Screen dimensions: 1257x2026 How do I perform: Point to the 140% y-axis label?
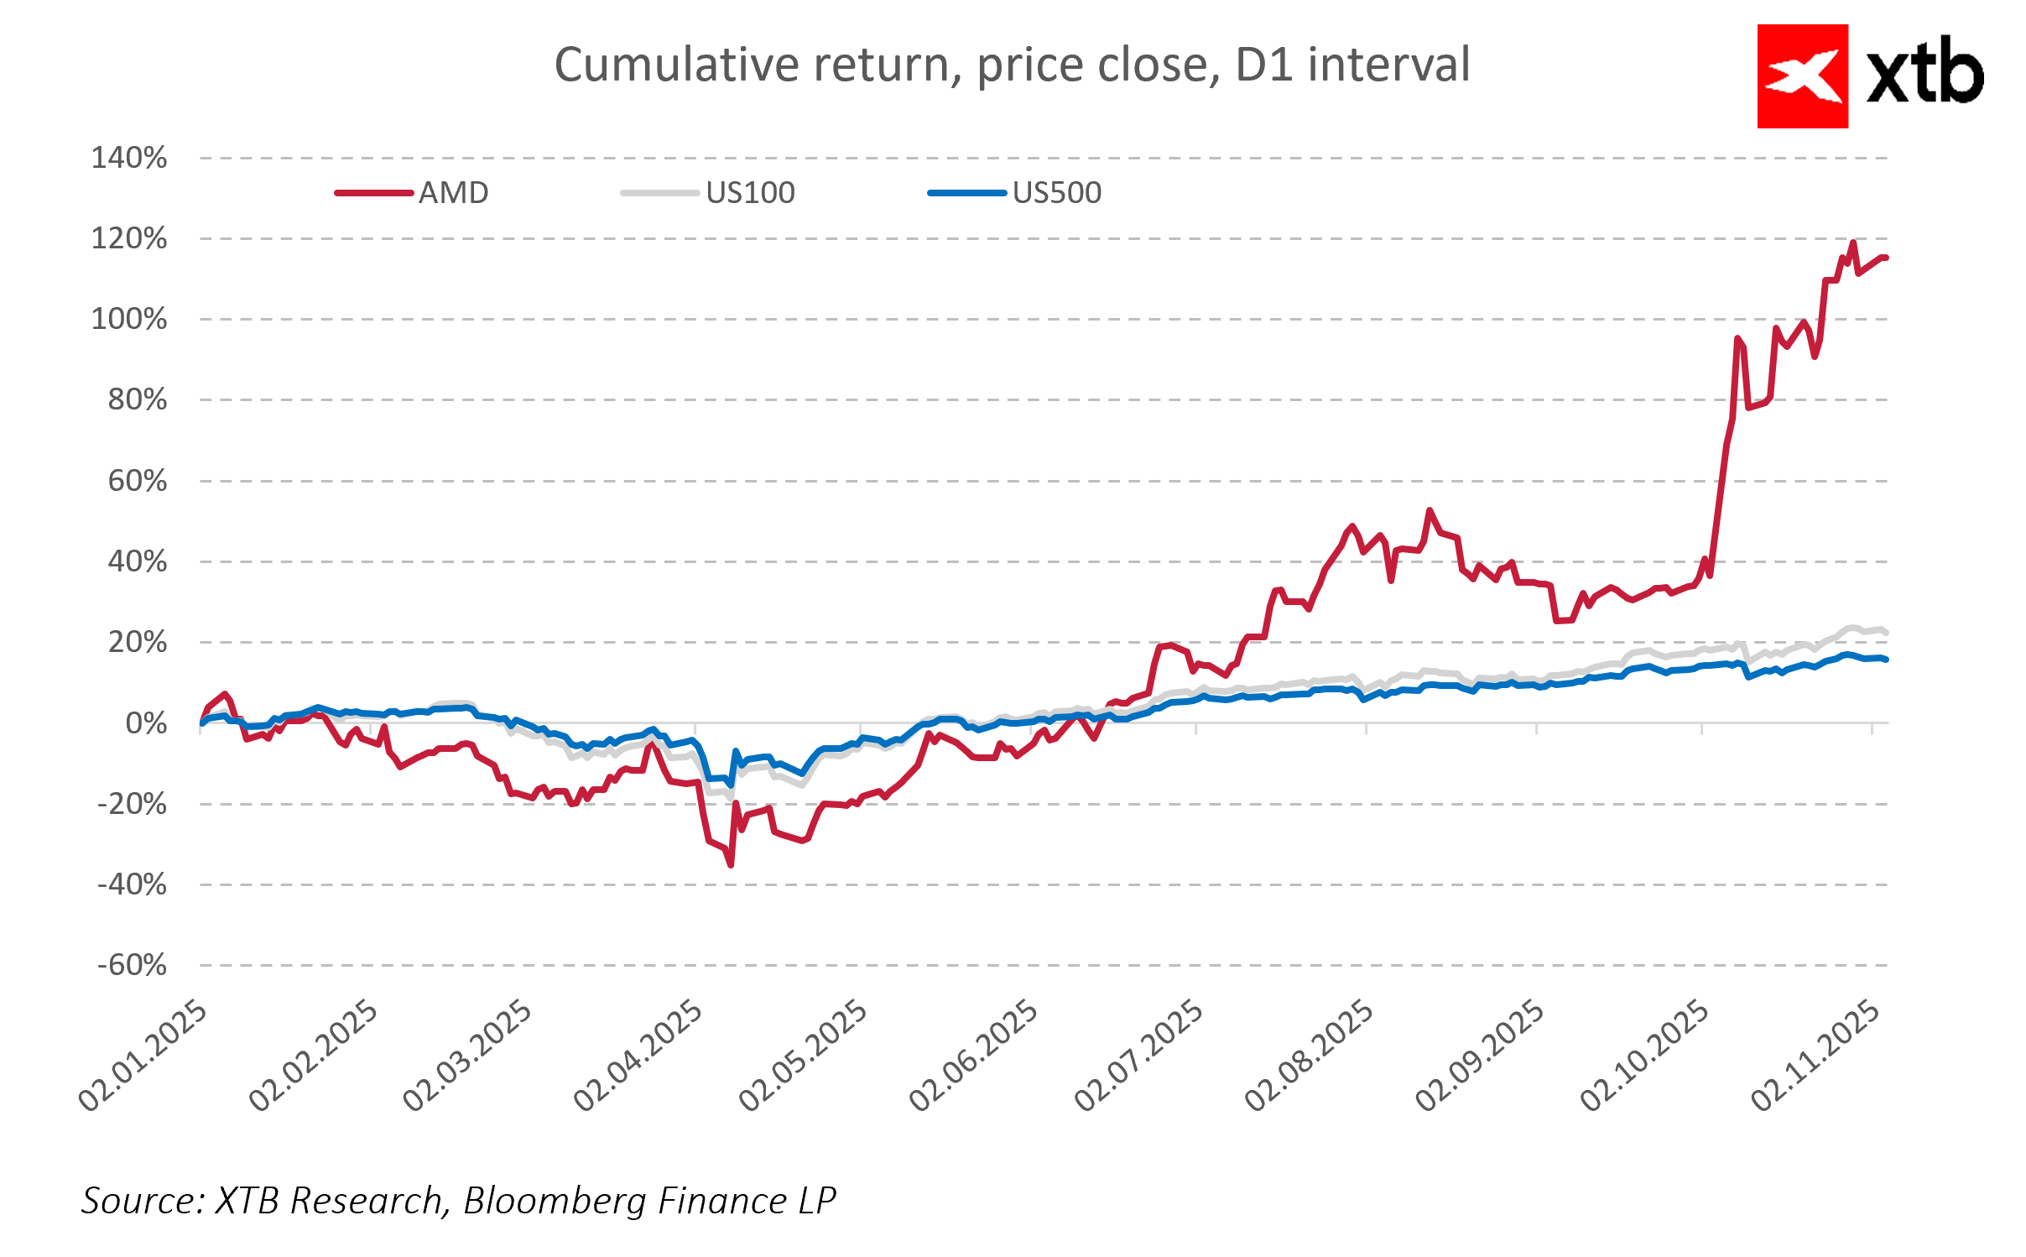pos(129,158)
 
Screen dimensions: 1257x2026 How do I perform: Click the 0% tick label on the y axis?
pos(146,723)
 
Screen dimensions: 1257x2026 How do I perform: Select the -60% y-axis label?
pos(133,965)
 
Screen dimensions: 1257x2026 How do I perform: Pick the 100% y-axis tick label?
pos(129,320)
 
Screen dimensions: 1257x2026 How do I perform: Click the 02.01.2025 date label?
pos(143,1055)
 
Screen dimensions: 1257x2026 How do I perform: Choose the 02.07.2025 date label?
pos(1139,1055)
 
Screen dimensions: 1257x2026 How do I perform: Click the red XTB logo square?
pos(1802,76)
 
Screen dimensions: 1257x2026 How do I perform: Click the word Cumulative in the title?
pos(676,65)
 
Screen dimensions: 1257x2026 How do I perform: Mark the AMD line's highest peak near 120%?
pos(1852,243)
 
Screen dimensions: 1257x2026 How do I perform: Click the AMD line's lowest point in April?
pos(731,864)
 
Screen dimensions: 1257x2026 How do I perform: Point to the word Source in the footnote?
pos(141,1201)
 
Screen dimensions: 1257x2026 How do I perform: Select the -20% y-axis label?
pos(133,804)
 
